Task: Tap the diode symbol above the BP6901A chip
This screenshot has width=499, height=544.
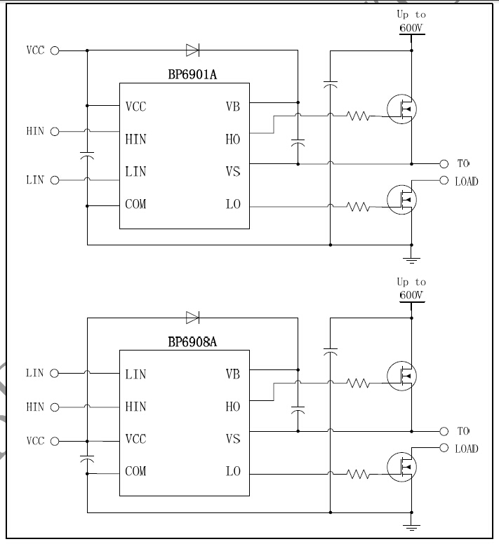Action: click(x=193, y=50)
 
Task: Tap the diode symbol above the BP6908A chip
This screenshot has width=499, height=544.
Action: click(x=193, y=318)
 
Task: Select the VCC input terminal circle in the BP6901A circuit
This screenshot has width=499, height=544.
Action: click(x=55, y=50)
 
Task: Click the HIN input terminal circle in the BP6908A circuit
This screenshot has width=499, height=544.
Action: click(x=55, y=407)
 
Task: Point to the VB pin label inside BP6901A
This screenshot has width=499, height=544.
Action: click(x=232, y=107)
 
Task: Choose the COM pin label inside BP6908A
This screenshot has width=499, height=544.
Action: click(x=136, y=471)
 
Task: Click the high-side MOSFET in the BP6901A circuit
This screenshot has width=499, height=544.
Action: click(x=402, y=107)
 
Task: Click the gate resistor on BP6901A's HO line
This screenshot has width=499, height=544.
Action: click(x=358, y=116)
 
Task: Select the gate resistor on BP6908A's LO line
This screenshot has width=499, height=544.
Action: click(x=358, y=474)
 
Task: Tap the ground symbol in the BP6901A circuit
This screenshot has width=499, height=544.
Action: click(x=412, y=260)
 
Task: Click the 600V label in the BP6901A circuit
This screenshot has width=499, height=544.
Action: click(x=411, y=28)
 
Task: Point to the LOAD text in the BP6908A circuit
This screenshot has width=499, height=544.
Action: click(x=466, y=449)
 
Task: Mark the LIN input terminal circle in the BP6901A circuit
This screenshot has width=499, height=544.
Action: click(x=55, y=180)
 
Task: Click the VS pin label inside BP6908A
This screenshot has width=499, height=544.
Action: click(x=233, y=439)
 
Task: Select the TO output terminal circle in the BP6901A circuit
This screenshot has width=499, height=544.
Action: click(x=444, y=163)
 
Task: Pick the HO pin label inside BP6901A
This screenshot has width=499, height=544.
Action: click(x=233, y=140)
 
